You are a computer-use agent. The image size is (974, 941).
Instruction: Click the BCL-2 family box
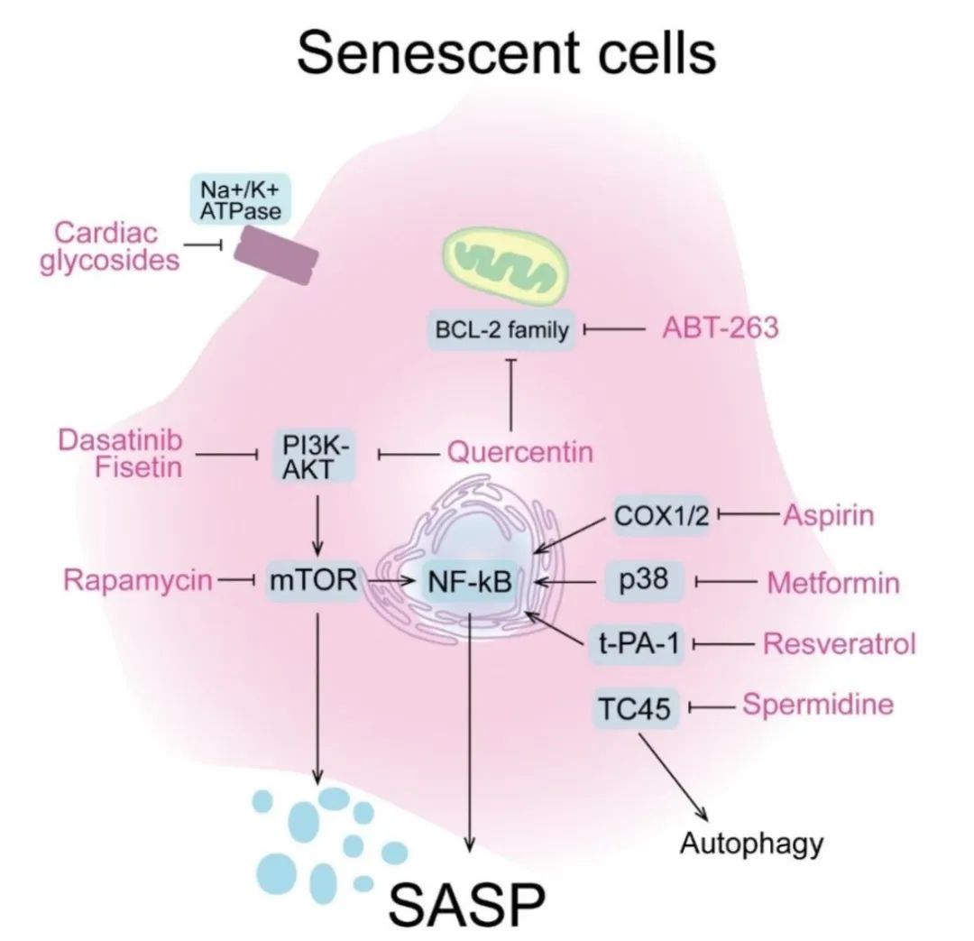pyautogui.click(x=502, y=331)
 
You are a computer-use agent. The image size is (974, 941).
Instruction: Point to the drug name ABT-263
pyautogui.click(x=720, y=329)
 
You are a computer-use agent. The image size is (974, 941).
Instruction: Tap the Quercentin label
pyautogui.click(x=520, y=450)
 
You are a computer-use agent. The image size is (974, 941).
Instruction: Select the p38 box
pyautogui.click(x=645, y=579)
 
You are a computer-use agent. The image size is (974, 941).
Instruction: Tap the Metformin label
pyautogui.click(x=832, y=583)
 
